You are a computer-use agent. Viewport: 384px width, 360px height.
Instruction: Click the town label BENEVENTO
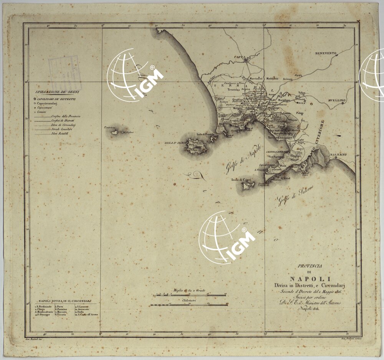tap(325, 53)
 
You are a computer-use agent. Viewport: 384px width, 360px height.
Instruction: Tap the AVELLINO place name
tap(337, 100)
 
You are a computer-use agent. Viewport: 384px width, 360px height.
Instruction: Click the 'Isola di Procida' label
tap(205, 134)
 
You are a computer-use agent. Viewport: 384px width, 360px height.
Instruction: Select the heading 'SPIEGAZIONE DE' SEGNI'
tap(56, 92)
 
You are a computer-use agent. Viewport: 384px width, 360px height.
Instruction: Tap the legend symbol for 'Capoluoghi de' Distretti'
tap(35, 99)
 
